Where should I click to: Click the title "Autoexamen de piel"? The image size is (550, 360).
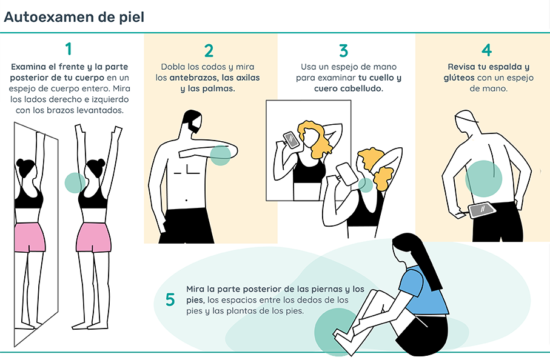pos(74,17)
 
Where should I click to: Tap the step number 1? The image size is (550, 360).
pos(69,48)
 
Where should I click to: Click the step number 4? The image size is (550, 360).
pos(486,50)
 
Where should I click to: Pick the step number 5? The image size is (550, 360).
pos(170,299)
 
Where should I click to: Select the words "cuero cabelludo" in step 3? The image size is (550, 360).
pos(348,88)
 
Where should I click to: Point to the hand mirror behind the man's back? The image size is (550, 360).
pos(483,210)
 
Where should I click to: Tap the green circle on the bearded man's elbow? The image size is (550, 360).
pos(220,155)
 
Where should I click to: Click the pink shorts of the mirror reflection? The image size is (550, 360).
pos(30,237)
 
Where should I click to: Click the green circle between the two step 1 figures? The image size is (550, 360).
pos(75,182)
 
